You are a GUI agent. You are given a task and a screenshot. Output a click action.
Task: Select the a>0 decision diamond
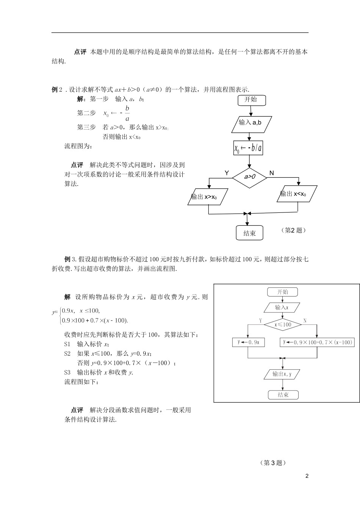pyautogui.click(x=249, y=177)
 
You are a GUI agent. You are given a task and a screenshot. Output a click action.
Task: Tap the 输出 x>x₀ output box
pyautogui.click(x=207, y=197)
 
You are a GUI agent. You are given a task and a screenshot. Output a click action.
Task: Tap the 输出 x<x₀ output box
pyautogui.click(x=296, y=194)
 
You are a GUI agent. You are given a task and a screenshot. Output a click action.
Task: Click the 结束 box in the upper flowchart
pyautogui.click(x=249, y=233)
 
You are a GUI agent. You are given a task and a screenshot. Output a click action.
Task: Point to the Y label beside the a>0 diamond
pyautogui.click(x=227, y=173)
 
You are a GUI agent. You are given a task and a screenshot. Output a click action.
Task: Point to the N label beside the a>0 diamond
pyautogui.click(x=271, y=173)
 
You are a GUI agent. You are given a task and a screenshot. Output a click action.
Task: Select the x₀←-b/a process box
pyautogui.click(x=249, y=148)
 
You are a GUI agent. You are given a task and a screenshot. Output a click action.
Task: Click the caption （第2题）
pyautogui.click(x=293, y=230)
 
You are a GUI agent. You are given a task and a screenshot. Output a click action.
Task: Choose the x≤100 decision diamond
pyautogui.click(x=283, y=325)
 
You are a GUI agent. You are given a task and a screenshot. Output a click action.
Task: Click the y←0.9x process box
pyautogui.click(x=248, y=342)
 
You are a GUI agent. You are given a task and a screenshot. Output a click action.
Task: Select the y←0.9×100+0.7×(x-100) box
pyautogui.click(x=318, y=342)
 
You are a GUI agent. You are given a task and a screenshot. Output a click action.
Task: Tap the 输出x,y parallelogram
pyautogui.click(x=282, y=374)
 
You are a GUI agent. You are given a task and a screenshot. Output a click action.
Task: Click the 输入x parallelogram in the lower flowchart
pyautogui.click(x=282, y=308)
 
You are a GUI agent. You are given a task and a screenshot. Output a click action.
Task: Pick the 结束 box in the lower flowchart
pyautogui.click(x=283, y=395)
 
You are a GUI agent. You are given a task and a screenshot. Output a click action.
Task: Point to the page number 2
pyautogui.click(x=307, y=476)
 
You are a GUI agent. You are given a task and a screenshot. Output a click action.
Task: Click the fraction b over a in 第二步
pyautogui.click(x=127, y=113)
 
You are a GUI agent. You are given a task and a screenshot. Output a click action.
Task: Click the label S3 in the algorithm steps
pyautogui.click(x=68, y=372)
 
